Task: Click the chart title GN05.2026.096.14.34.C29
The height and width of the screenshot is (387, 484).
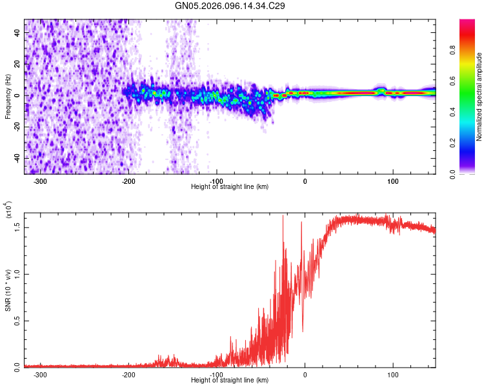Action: coord(230,6)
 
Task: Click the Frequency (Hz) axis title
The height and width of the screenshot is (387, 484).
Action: coord(7,97)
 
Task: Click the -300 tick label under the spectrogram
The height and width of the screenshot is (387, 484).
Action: coord(40,181)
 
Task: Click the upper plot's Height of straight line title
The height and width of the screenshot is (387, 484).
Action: coord(230,186)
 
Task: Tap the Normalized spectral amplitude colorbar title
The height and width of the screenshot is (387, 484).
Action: coord(479,97)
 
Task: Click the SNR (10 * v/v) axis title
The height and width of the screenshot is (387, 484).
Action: coord(8,290)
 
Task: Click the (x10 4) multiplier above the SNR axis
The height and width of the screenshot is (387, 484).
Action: coord(8,210)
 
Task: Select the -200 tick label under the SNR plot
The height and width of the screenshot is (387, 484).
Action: coord(128,374)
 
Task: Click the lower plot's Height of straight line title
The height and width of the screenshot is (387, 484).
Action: coord(230,380)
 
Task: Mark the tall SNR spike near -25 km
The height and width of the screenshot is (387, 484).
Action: coord(283,217)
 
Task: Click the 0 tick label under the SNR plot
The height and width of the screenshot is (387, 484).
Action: coord(305,374)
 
